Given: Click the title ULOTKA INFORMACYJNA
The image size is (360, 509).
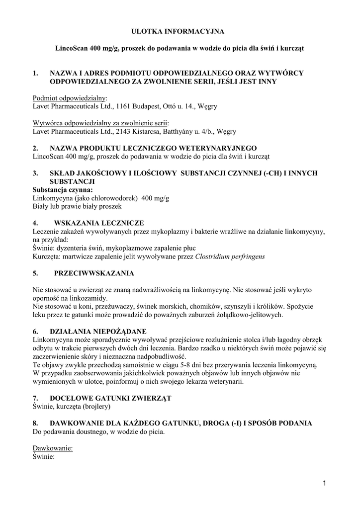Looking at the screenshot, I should (178, 31).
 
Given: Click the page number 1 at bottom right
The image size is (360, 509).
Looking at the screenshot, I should (324, 483).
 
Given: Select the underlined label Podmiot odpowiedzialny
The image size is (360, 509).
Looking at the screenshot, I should (69, 98).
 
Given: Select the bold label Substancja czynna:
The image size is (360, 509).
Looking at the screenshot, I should (62, 189).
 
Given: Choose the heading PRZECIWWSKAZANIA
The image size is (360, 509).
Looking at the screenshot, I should (94, 273).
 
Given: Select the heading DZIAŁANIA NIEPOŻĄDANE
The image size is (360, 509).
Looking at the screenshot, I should (105, 332).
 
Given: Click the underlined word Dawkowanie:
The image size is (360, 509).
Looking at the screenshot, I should (52, 448).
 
